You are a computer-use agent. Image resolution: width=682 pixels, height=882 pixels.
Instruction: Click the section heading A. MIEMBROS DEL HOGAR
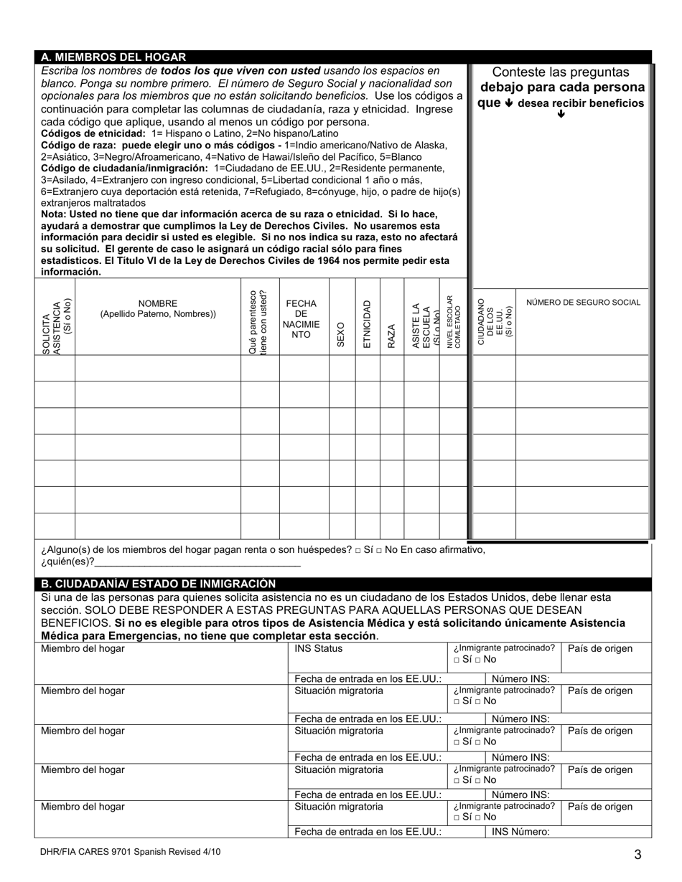tap(113, 57)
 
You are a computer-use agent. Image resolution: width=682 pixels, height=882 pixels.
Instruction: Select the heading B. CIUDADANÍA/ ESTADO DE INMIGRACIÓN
tap(158, 584)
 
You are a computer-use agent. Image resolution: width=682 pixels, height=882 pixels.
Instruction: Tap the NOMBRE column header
tap(157, 308)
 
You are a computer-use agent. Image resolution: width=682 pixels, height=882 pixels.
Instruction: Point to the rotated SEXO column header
tap(341, 334)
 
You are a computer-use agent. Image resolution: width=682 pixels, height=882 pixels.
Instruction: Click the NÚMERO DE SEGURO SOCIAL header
tap(583, 303)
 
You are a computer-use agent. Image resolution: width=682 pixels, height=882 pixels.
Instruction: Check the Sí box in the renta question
tap(358, 551)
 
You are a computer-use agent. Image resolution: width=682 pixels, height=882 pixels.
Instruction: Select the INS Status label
tap(319, 649)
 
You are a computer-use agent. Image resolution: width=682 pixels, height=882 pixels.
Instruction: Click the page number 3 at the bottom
tap(637, 854)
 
